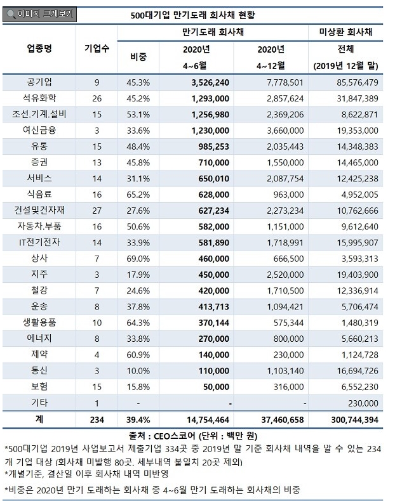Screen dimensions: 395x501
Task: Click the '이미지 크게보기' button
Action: (39, 14)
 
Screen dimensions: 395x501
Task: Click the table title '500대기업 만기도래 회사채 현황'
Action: (192, 15)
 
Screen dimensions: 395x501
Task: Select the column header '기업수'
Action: (97, 49)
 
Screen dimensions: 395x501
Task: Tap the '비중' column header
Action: (138, 57)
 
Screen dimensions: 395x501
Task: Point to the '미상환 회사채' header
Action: (345, 32)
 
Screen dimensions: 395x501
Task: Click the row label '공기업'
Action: (39, 82)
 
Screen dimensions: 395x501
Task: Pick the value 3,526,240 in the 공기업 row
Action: (210, 82)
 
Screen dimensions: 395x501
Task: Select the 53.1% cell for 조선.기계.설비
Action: (138, 115)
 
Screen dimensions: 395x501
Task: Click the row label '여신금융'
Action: (39, 131)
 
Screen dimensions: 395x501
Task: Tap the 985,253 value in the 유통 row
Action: (213, 146)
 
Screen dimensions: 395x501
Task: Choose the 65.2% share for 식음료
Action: (138, 195)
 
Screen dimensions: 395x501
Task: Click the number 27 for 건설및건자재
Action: (97, 211)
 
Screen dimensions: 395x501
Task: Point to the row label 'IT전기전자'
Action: (39, 242)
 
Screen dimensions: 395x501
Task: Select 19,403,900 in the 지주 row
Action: (358, 275)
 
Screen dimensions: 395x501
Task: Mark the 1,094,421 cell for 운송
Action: (285, 307)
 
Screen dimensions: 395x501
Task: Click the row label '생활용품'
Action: (39, 322)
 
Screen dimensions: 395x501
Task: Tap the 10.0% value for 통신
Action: (138, 371)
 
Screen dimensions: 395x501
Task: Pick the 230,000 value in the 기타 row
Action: (363, 403)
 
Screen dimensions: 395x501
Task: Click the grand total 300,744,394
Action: (355, 420)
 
